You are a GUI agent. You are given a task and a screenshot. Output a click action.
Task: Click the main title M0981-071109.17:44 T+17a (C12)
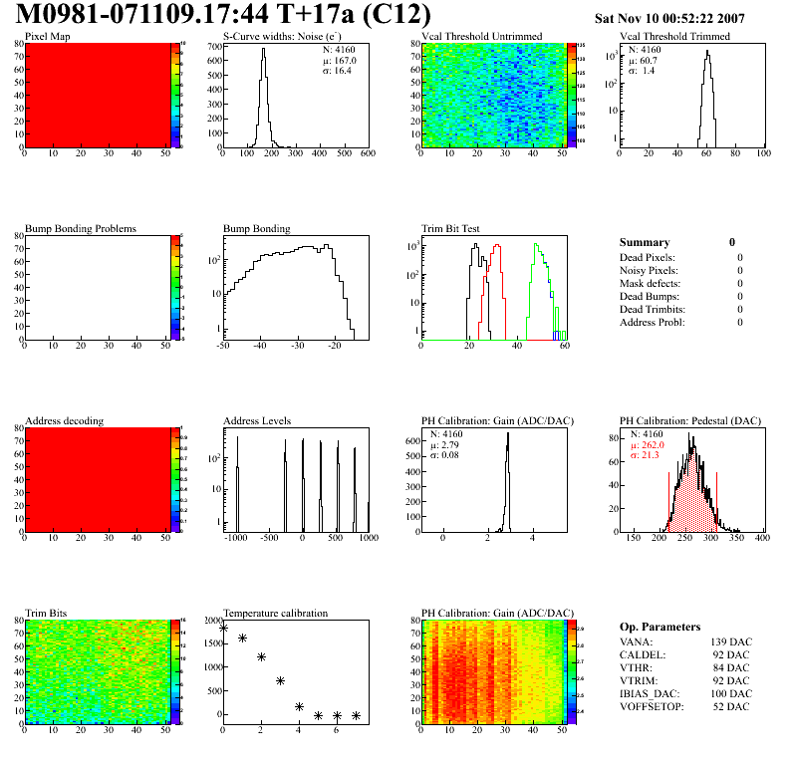point(223,15)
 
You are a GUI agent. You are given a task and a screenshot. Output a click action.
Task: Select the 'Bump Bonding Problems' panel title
point(81,228)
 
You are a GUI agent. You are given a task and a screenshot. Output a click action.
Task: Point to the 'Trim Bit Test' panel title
point(451,228)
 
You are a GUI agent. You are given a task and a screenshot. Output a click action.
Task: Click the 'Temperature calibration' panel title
point(275,613)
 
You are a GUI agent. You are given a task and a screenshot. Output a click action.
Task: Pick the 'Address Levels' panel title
point(258,420)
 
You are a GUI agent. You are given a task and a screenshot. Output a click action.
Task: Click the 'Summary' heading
point(645,242)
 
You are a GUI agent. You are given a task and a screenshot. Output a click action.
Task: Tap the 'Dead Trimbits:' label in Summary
point(653,309)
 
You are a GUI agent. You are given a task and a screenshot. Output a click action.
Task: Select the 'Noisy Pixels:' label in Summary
point(649,270)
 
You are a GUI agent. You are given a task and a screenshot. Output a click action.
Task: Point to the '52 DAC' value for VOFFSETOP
point(732,708)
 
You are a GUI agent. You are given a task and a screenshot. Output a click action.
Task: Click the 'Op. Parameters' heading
point(660,627)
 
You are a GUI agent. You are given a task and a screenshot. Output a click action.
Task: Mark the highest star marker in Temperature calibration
point(223,628)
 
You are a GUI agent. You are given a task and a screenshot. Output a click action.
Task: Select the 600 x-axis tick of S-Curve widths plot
point(368,154)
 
